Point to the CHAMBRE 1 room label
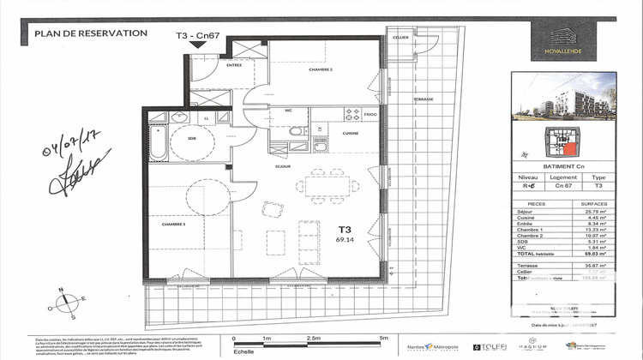[x=174, y=225]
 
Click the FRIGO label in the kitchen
[x=370, y=113]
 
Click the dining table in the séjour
[x=328, y=184]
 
